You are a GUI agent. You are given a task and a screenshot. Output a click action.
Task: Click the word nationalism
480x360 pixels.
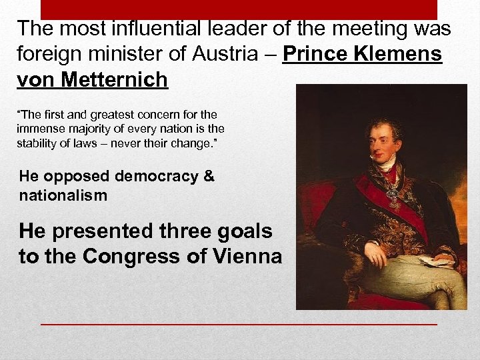pos(63,195)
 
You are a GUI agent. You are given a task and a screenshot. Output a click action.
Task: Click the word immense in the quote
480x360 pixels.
pos(38,128)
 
